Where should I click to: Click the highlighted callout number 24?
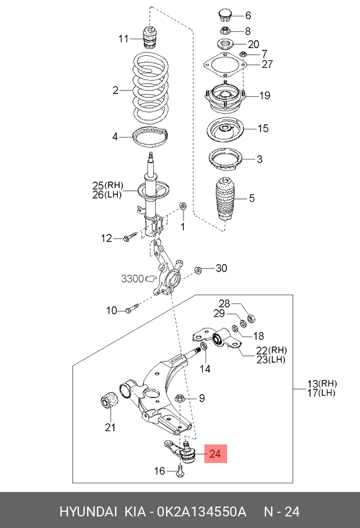click(215, 454)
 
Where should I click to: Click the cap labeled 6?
click(224, 15)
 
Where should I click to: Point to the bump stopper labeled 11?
click(152, 37)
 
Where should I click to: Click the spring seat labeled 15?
click(225, 129)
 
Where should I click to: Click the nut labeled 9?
click(180, 398)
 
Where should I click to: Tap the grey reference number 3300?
click(132, 279)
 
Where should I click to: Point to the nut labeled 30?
click(197, 269)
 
